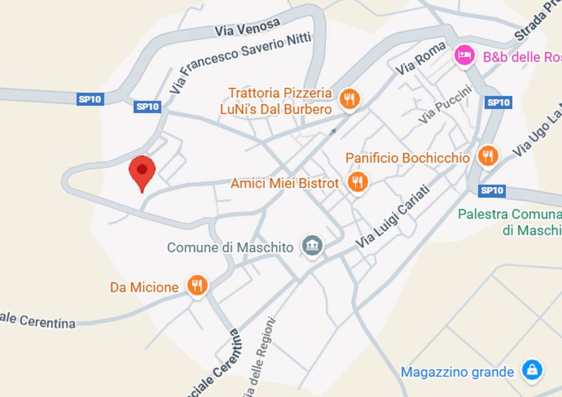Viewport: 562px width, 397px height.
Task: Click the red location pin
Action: (x=142, y=171)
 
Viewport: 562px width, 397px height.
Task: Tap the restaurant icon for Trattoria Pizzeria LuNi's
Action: (x=349, y=99)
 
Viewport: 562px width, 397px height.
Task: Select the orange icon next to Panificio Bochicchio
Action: (x=487, y=156)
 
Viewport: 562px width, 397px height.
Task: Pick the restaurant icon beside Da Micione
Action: (x=197, y=285)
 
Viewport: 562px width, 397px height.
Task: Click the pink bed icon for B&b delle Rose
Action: (x=465, y=55)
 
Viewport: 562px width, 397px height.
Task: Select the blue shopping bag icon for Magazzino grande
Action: (x=532, y=370)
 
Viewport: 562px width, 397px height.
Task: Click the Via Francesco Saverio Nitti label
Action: (x=240, y=60)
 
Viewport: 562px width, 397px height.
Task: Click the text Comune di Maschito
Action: (x=230, y=248)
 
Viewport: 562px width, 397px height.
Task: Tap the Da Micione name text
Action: (x=144, y=287)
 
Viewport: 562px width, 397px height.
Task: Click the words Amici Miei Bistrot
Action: (x=284, y=183)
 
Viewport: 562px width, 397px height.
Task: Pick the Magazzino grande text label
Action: (x=457, y=372)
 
